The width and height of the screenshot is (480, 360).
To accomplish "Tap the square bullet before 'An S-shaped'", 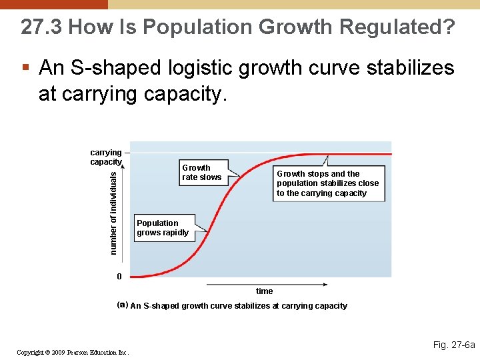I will click(x=25, y=68).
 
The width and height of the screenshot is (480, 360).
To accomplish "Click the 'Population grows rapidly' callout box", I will click(x=163, y=228).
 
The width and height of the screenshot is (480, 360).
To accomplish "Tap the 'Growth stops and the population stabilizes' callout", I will click(x=327, y=183).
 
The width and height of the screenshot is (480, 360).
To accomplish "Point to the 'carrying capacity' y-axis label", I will click(x=105, y=157).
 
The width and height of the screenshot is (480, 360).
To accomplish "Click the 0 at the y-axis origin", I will click(x=119, y=277).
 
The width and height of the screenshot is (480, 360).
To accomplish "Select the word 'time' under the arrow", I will click(x=264, y=291).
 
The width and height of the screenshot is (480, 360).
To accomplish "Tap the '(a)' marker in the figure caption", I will click(x=122, y=305).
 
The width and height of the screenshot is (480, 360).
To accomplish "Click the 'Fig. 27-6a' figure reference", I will click(x=453, y=345).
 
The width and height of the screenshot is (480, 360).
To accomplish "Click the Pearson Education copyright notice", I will click(x=73, y=352).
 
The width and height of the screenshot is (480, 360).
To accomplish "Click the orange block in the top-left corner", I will click(x=53, y=4).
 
